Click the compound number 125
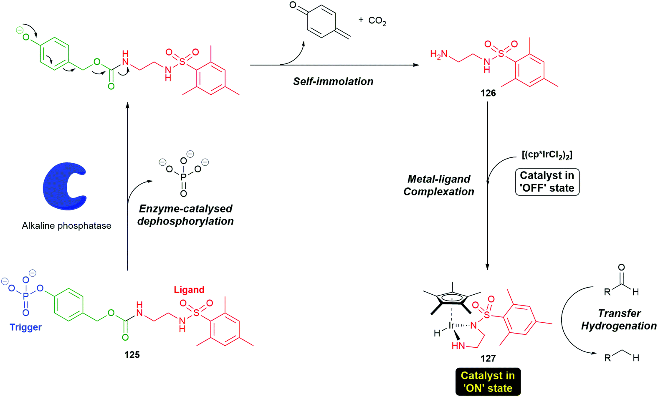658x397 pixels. click(132, 355)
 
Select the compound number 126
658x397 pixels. click(488, 93)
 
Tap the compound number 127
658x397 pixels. click(488, 358)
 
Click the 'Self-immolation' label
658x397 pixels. click(333, 81)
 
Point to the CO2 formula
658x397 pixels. click(377, 21)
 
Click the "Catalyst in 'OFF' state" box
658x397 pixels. click(547, 182)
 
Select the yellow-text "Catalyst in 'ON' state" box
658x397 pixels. click(488, 382)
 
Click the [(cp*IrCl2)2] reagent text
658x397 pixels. click(547, 155)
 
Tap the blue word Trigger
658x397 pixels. click(26, 327)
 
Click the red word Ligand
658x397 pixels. click(189, 290)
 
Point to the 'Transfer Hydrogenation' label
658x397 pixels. click(619, 319)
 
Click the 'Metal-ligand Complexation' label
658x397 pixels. click(439, 185)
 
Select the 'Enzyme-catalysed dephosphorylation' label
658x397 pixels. click(185, 215)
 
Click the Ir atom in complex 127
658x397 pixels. click(451, 325)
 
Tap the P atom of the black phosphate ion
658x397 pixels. click(183, 177)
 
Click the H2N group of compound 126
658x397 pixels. click(439, 54)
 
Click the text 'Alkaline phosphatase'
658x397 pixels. click(66, 226)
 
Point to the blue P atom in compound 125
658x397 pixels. click(26, 296)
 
